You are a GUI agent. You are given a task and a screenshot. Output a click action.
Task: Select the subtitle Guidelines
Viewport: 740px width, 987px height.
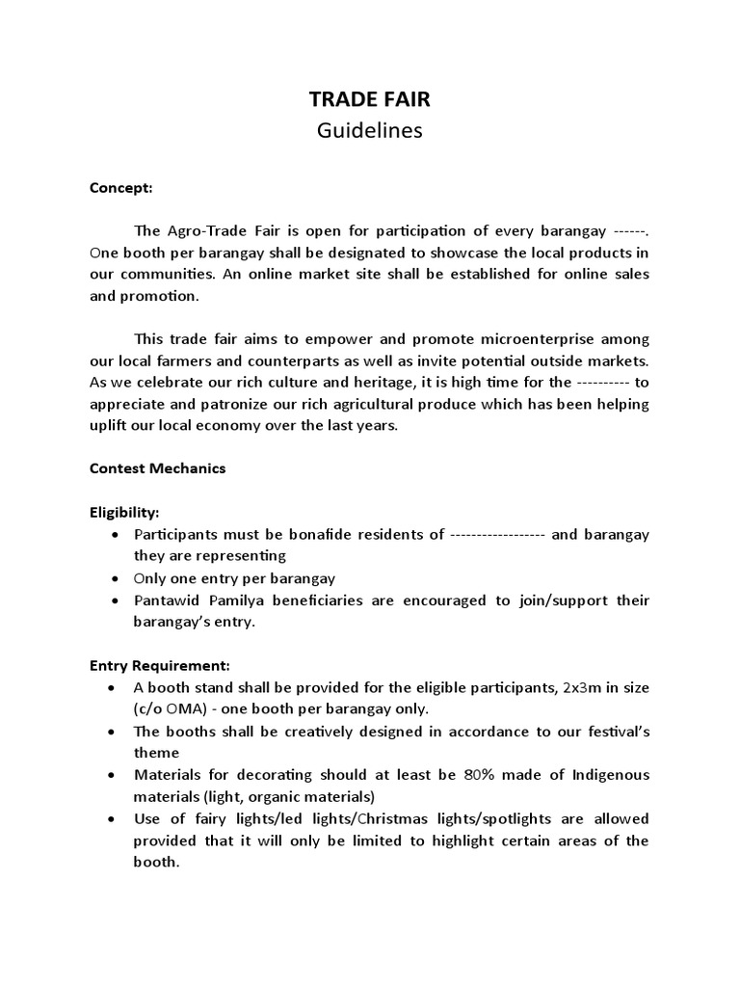point(370,131)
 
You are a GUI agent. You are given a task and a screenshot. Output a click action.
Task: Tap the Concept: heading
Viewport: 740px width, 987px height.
point(121,188)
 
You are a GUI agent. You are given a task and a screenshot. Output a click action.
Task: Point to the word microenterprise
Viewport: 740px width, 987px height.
point(518,339)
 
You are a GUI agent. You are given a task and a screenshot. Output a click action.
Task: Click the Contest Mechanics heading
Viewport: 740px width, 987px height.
point(158,468)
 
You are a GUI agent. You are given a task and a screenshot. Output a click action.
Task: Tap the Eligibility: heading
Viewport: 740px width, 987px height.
point(125,513)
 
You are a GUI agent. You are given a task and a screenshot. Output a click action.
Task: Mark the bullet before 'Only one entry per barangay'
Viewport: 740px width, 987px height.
point(116,578)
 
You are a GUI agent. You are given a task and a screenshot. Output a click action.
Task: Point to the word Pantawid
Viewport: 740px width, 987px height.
point(166,600)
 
